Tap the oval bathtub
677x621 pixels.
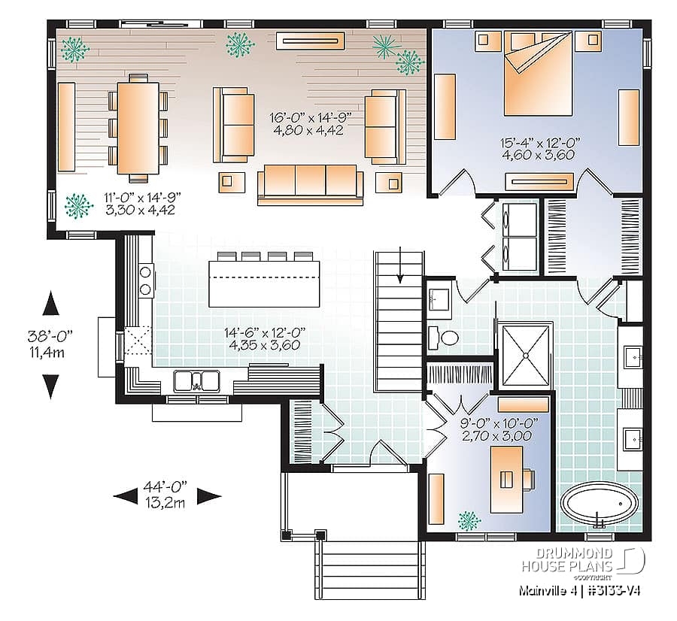(x=599, y=504)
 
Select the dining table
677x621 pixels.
(x=138, y=128)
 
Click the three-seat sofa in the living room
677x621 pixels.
(x=310, y=183)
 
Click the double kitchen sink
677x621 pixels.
(x=196, y=381)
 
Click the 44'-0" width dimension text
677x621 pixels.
(x=167, y=495)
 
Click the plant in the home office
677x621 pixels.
(x=469, y=519)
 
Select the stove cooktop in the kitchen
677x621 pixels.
(x=145, y=279)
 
